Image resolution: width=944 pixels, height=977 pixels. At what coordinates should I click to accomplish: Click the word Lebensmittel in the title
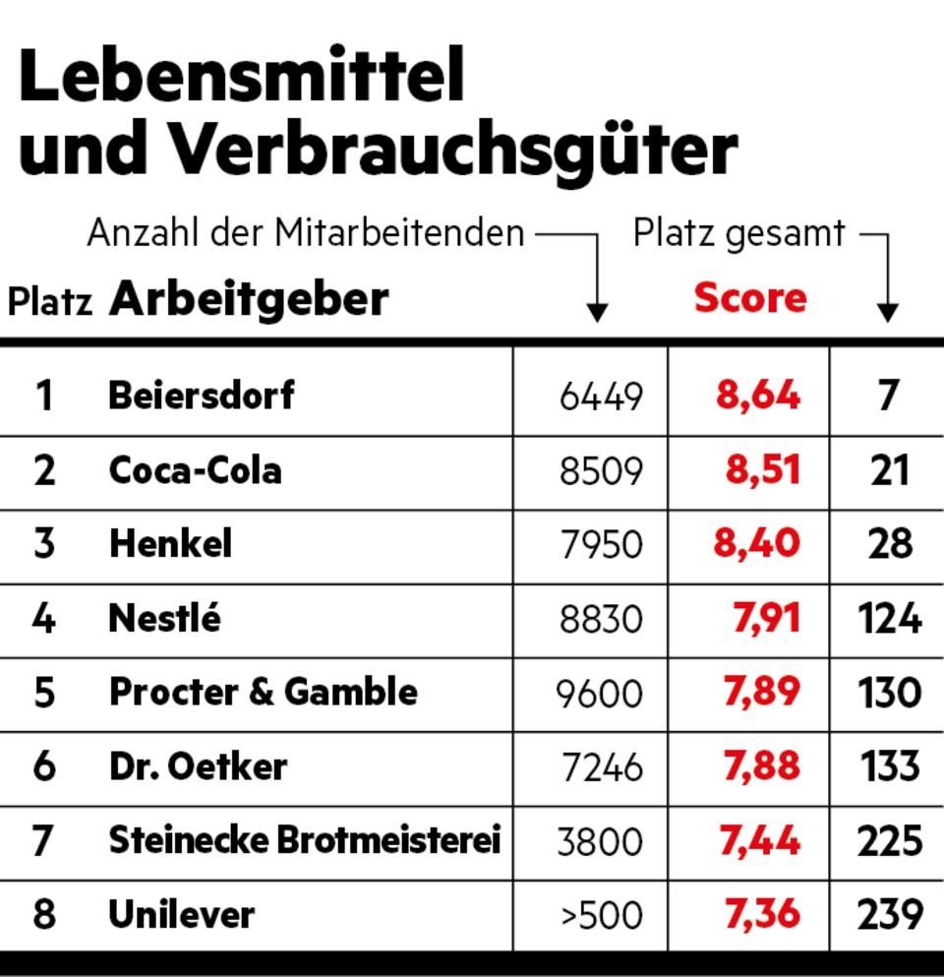[241, 79]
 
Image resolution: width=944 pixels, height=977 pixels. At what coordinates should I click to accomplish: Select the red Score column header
[749, 298]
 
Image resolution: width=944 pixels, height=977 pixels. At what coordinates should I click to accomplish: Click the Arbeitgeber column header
[249, 298]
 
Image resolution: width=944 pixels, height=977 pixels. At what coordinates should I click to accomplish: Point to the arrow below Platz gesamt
[887, 310]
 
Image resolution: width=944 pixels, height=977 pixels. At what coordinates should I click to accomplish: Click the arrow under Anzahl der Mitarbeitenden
[596, 310]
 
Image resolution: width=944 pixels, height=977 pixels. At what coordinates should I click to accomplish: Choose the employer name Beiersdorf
[201, 396]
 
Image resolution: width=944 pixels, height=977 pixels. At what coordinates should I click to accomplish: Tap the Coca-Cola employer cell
[195, 470]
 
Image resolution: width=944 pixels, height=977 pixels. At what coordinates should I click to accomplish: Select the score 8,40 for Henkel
[757, 544]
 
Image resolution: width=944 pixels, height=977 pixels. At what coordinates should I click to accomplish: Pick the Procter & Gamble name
[263, 693]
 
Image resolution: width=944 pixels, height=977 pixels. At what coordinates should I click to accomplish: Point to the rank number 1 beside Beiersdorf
[43, 396]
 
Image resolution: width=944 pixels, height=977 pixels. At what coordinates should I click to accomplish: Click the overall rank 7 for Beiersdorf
[889, 396]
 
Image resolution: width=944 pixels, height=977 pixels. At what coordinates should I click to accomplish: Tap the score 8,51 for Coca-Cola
[763, 470]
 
